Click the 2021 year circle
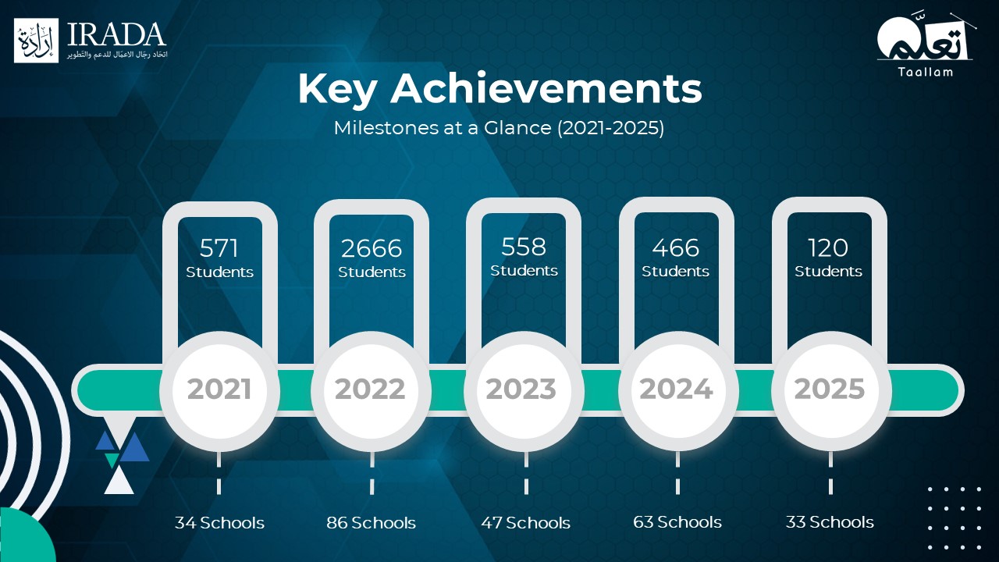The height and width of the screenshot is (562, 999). pos(219,390)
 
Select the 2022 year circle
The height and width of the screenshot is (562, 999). pos(371,390)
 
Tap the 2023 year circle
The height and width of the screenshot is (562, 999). pos(523,390)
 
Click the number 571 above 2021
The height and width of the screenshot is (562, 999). pos(219,248)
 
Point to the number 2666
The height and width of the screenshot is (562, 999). pos(372,248)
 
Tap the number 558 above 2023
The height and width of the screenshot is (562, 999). pos(524,247)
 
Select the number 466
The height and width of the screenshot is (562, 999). pos(676,247)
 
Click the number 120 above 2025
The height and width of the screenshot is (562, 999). pos(828,247)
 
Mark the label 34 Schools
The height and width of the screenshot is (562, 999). pos(219,522)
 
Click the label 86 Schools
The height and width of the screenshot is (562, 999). pos(371,522)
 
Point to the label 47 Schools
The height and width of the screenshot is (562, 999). pos(526,522)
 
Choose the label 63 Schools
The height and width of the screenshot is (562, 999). pos(677,522)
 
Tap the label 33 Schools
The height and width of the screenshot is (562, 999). pos(830,522)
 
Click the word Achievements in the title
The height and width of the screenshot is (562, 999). pos(546,89)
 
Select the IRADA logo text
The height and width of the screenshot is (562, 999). pos(117,34)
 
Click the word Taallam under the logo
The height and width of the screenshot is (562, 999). pos(926,72)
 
